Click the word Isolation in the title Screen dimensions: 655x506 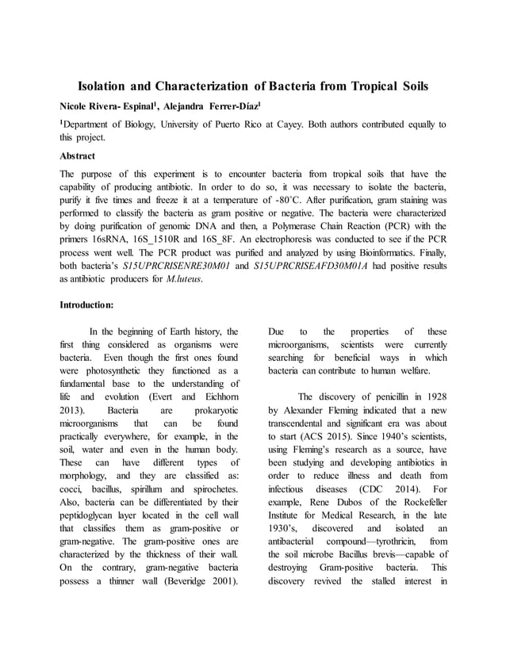pos(105,85)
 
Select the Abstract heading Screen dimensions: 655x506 pos(78,155)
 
